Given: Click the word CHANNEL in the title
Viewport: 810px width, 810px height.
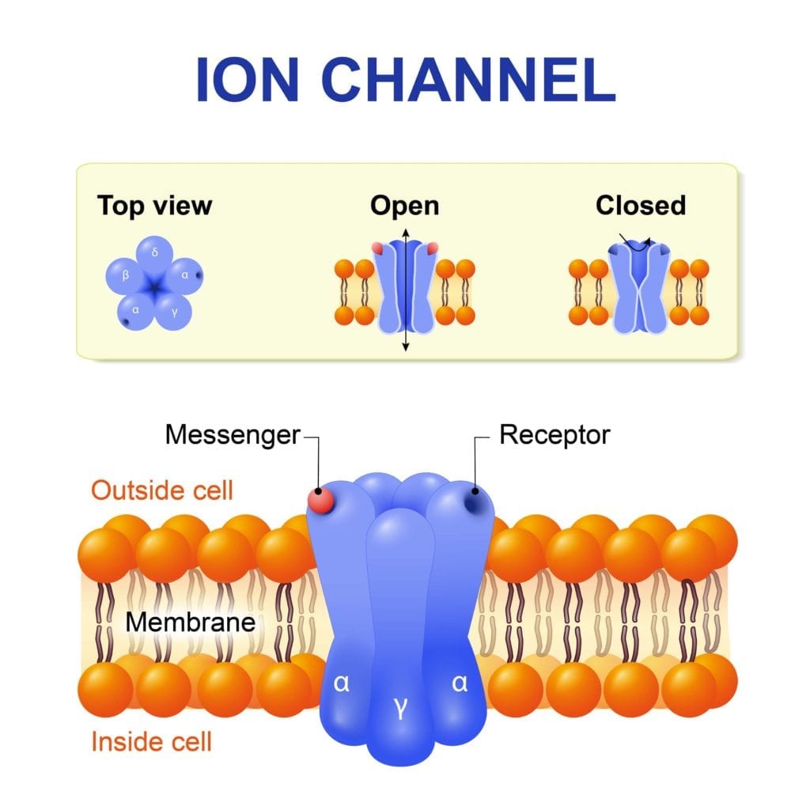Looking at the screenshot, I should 468,79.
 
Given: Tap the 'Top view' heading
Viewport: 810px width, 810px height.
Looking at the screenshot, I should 155,206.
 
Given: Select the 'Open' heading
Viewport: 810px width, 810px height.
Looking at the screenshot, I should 404,206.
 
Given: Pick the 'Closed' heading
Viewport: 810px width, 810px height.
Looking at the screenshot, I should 641,206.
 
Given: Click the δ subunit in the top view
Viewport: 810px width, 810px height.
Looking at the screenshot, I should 155,255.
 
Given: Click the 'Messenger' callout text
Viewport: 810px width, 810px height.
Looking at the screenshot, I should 233,435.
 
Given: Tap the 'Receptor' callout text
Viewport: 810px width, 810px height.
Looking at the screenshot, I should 555,435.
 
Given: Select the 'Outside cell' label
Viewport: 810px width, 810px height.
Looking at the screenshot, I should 162,490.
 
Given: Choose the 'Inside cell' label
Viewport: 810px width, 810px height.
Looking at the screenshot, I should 152,741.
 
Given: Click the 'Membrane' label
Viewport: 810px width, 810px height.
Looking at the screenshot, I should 191,622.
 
